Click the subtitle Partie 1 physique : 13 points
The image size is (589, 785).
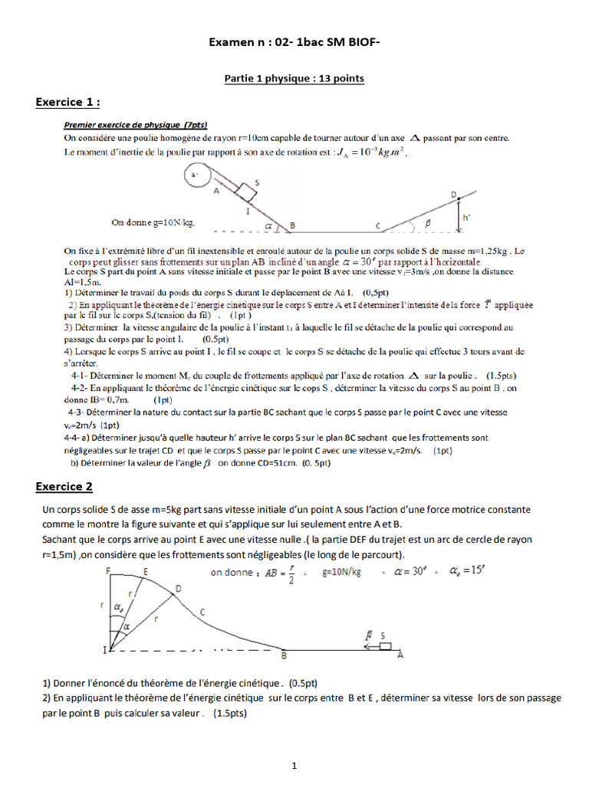[x=294, y=78]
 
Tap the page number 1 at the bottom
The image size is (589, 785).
[x=294, y=765]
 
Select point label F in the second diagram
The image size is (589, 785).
[x=108, y=571]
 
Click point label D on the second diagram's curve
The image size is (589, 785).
[x=178, y=588]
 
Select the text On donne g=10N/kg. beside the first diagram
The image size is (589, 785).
[x=153, y=222]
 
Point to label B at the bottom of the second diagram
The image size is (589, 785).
[x=284, y=657]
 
